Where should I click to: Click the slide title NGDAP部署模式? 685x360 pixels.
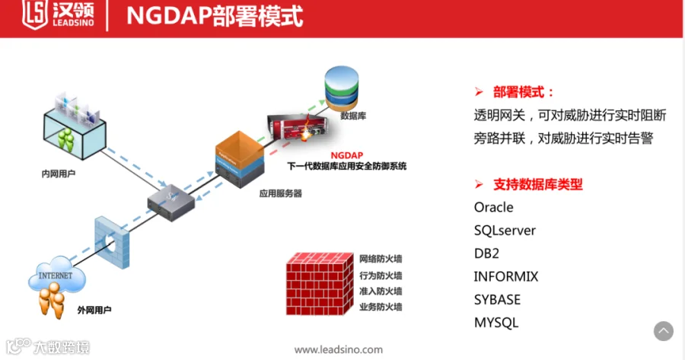tap(213, 17)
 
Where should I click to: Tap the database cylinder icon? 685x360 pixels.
tap(342, 88)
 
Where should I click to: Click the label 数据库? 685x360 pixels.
tap(354, 116)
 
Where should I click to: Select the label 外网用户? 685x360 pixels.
tap(94, 310)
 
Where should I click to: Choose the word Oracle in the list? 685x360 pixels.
tap(493, 207)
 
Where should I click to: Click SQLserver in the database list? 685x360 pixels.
tap(505, 230)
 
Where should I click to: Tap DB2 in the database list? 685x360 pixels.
tap(486, 253)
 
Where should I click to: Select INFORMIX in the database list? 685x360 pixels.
tap(505, 276)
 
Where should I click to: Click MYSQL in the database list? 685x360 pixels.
tap(495, 322)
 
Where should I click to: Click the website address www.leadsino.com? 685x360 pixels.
tap(339, 349)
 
